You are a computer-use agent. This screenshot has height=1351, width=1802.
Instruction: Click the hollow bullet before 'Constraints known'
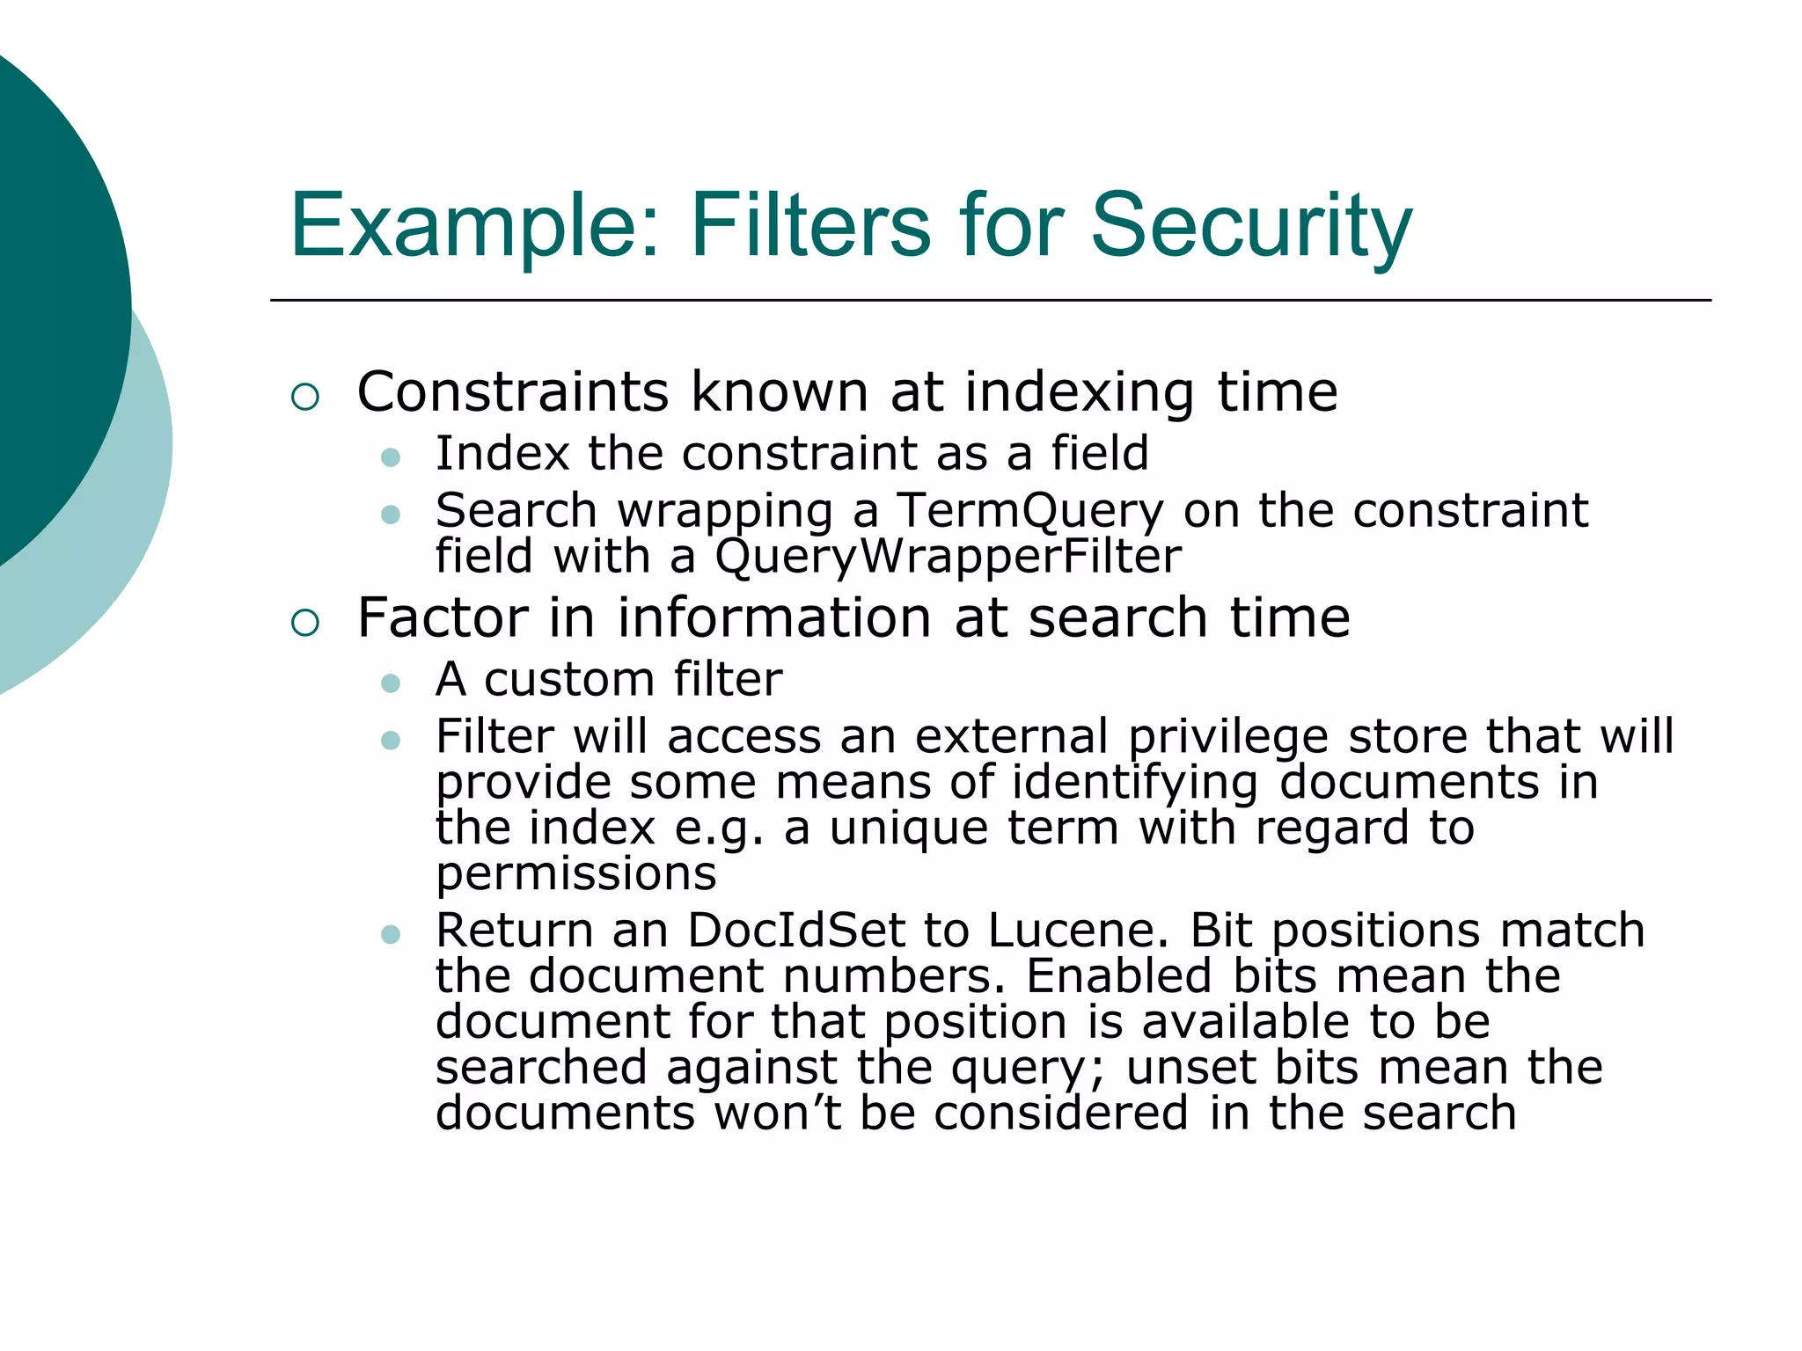point(304,397)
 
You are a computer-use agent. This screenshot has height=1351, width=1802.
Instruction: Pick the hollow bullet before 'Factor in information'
point(304,623)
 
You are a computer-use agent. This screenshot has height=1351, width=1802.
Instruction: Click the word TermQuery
point(1029,511)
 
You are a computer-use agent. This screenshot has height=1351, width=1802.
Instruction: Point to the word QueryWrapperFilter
point(948,557)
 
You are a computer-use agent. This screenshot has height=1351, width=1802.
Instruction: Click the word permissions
point(576,874)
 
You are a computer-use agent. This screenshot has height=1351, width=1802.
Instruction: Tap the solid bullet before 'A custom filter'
point(392,683)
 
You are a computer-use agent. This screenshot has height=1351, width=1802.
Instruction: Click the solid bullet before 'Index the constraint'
point(392,457)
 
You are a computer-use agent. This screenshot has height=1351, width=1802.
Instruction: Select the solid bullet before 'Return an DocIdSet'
point(392,934)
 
